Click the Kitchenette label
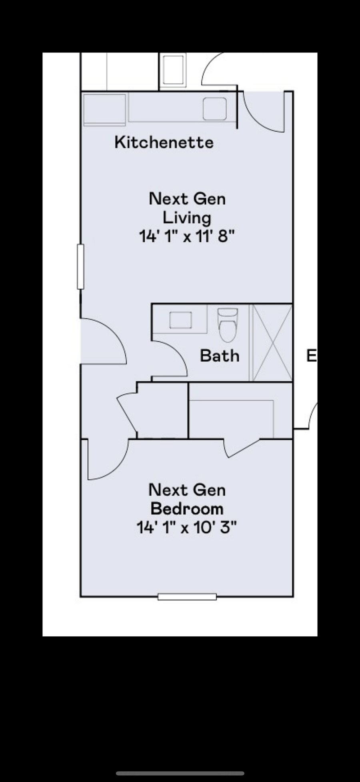click(x=164, y=142)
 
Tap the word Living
click(x=187, y=218)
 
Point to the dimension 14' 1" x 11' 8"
click(x=186, y=236)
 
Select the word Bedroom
click(x=187, y=509)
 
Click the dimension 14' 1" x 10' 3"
click(x=186, y=528)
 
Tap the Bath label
click(x=220, y=356)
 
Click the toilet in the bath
click(x=228, y=325)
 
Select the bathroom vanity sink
click(x=180, y=320)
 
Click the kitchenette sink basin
click(x=215, y=108)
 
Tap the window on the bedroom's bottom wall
click(x=187, y=597)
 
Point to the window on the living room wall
click(x=80, y=266)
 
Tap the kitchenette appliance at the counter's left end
click(x=104, y=109)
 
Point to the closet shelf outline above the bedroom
click(x=232, y=418)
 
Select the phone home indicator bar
click(x=180, y=773)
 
